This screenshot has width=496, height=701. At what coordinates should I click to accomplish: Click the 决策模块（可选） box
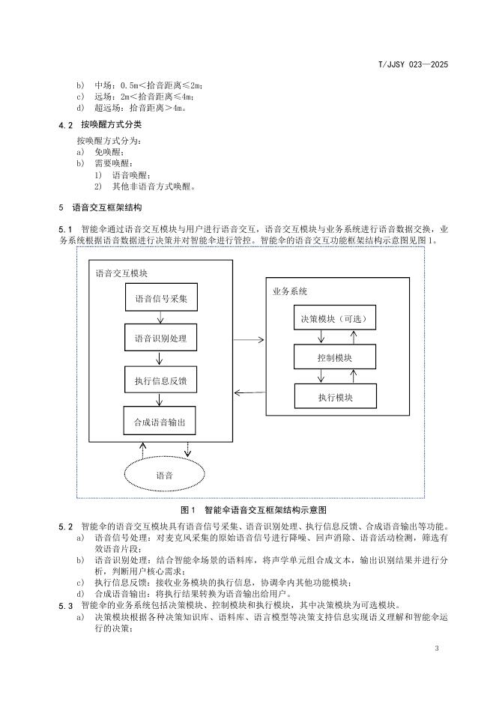334,318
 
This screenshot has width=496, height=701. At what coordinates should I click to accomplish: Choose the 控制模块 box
334,357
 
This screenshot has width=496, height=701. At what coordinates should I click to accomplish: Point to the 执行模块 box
334,396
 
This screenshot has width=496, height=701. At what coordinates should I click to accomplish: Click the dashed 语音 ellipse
164,474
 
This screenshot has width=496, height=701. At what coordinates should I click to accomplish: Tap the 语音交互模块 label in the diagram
121,274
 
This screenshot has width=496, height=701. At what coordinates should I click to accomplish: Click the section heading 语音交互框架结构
106,207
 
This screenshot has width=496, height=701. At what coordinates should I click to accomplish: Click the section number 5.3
66,604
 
